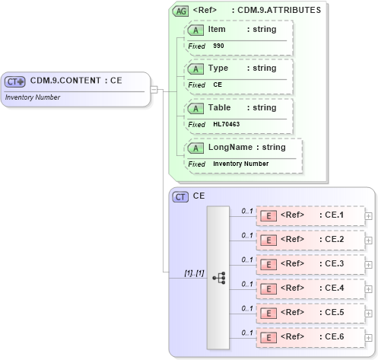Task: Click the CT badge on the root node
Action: click(x=15, y=81)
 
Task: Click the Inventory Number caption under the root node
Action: click(x=32, y=97)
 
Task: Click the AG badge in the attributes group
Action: click(x=180, y=11)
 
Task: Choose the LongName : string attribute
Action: click(x=243, y=147)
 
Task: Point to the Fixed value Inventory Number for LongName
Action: click(x=240, y=164)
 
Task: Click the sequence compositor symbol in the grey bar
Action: click(x=219, y=278)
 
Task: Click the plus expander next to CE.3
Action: click(x=369, y=264)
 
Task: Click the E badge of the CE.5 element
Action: click(x=268, y=313)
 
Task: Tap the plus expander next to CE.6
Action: click(x=369, y=337)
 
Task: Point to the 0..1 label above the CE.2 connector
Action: click(x=247, y=235)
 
